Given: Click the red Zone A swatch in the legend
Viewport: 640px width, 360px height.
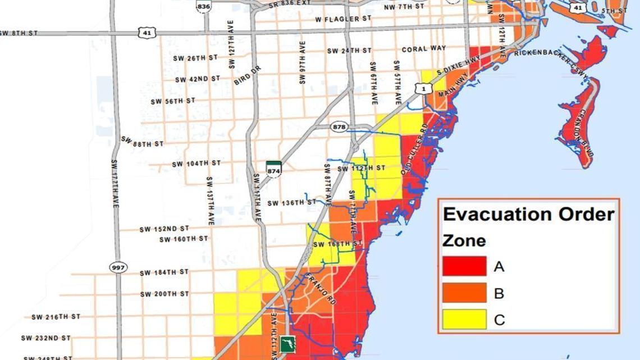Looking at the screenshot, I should click(464, 266).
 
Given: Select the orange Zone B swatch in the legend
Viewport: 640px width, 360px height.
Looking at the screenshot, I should click(464, 293).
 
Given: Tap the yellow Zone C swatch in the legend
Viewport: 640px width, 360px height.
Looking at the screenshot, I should click(464, 319).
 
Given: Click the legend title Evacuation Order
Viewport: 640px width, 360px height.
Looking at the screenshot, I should click(528, 214).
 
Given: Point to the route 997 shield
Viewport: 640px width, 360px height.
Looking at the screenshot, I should click(118, 267).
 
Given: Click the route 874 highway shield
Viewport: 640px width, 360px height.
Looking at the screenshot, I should click(273, 168).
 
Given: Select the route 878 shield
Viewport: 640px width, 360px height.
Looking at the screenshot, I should click(339, 126).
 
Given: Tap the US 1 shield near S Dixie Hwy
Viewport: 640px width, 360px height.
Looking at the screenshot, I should click(424, 88).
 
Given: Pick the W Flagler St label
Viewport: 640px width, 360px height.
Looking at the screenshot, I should click(343, 19).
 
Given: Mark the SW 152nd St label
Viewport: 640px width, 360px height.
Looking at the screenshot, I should click(164, 229).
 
